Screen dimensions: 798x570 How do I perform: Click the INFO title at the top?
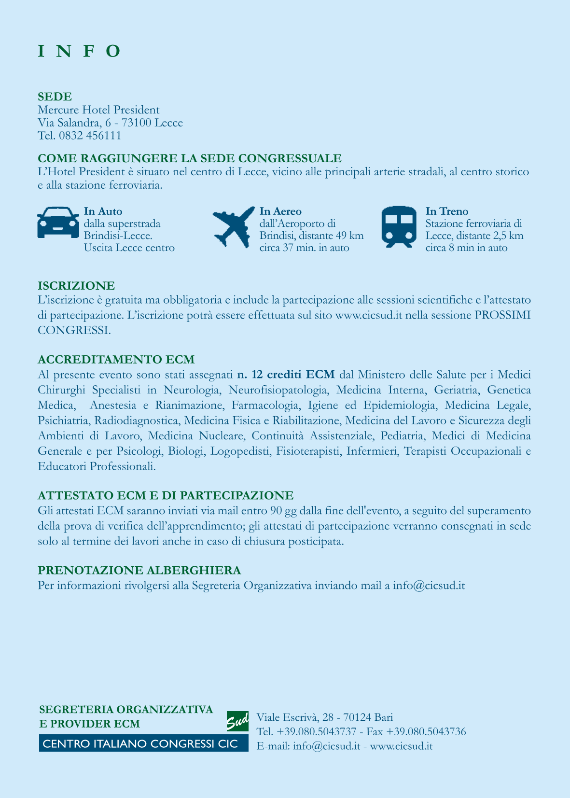(x=79, y=51)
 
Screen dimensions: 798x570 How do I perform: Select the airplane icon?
(x=234, y=225)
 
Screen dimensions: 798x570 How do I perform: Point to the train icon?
(x=399, y=226)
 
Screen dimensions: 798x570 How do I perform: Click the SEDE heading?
(x=55, y=97)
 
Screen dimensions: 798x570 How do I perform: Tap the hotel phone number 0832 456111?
(x=90, y=136)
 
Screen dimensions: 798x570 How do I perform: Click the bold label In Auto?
(x=103, y=211)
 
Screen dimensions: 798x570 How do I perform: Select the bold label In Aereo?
(x=280, y=211)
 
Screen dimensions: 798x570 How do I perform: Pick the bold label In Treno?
(x=447, y=211)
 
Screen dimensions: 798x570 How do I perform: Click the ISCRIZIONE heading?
(x=76, y=286)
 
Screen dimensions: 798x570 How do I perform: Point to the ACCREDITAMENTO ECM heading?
(x=116, y=360)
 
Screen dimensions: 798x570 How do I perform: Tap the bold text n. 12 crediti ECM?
(x=286, y=375)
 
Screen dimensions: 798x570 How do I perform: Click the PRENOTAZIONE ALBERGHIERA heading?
(x=139, y=570)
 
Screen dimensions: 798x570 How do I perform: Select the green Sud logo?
(x=237, y=721)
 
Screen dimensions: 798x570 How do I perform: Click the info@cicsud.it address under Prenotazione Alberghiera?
(x=429, y=586)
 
